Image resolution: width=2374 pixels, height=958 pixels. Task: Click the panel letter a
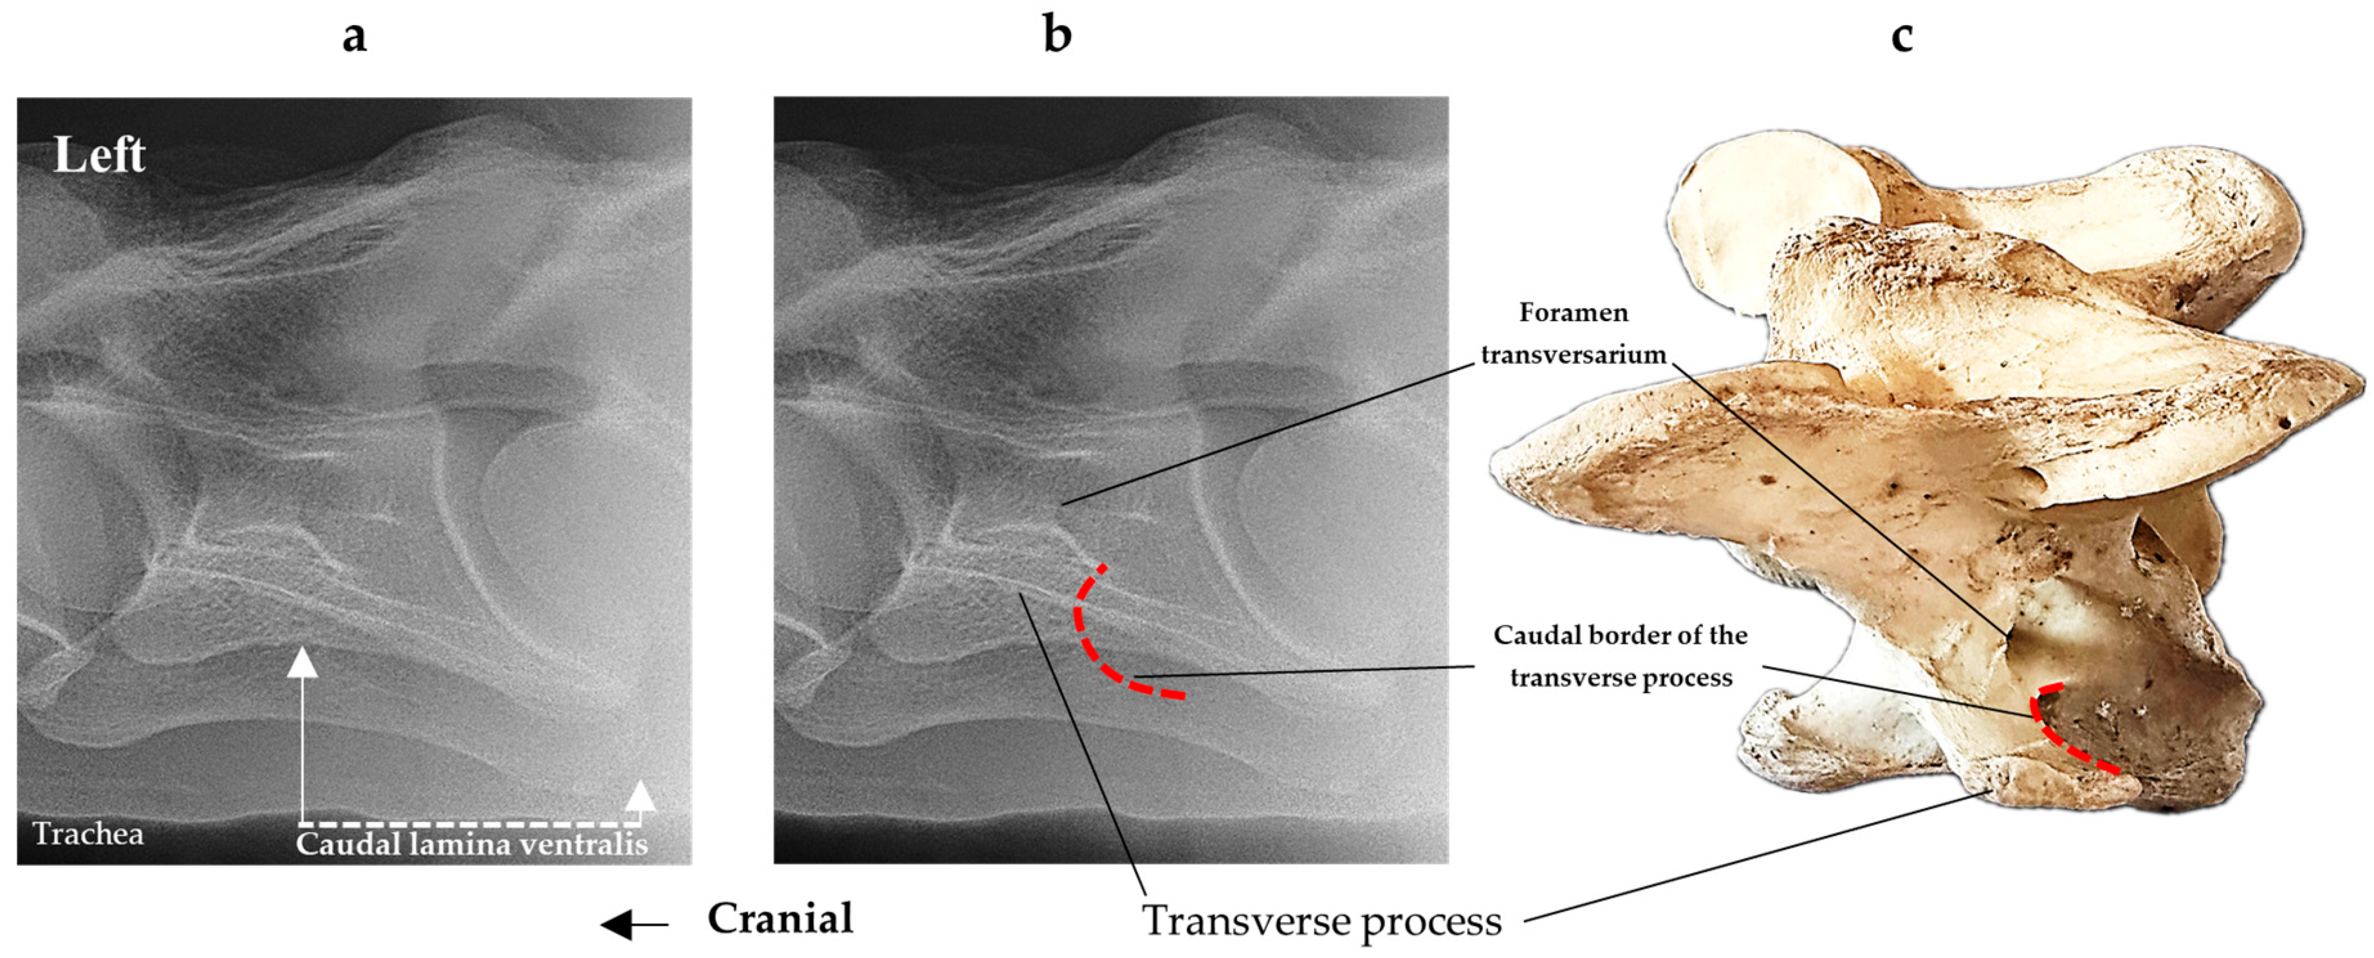tap(354, 37)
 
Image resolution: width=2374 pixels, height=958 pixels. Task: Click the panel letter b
tap(1057, 34)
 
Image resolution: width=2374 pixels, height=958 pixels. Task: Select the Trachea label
tap(89, 834)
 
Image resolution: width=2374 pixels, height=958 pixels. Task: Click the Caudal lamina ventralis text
tap(472, 843)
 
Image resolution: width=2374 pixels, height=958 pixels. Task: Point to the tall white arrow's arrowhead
tap(302, 662)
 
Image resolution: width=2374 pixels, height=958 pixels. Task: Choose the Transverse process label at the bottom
tap(1323, 920)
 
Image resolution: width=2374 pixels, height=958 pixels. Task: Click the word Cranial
tap(780, 918)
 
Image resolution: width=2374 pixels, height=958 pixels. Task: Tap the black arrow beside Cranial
tap(634, 924)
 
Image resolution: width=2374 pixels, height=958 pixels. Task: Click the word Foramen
tap(1573, 313)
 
